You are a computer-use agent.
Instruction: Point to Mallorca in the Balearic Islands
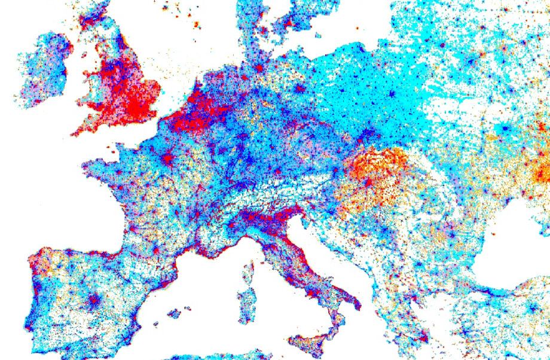pos(175,313)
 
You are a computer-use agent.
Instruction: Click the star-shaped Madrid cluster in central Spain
pos(94,299)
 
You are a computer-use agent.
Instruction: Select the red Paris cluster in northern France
pos(169,159)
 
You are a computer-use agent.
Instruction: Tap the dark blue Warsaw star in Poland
pos(392,94)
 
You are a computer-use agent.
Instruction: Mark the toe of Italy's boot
pos(332,332)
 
